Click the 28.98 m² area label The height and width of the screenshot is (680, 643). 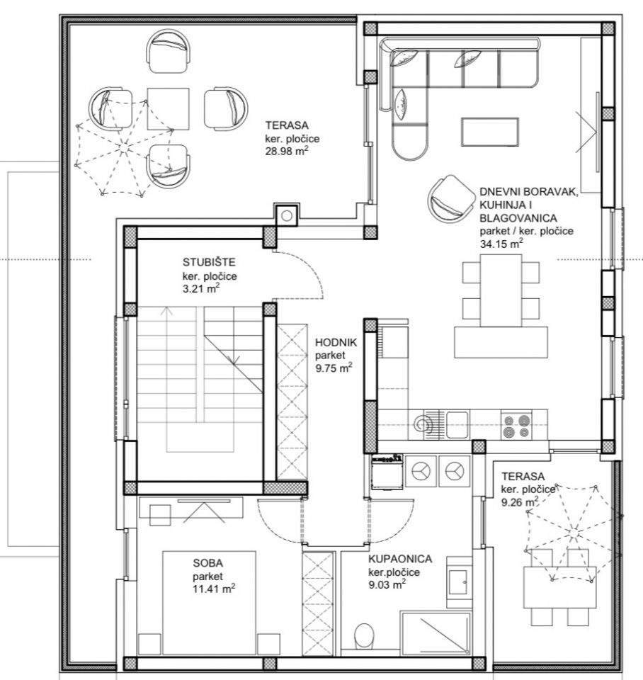pos(287,152)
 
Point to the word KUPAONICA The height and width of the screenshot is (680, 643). pos(400,559)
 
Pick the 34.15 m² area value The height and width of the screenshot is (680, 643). pos(501,243)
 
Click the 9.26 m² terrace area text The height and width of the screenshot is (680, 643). pos(520,502)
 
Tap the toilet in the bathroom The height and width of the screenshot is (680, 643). pos(364,636)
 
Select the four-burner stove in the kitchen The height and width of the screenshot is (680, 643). pos(516,426)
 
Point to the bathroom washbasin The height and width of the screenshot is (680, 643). pos(458,582)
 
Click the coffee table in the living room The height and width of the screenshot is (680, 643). pos(489,132)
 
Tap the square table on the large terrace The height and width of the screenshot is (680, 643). pos(169,109)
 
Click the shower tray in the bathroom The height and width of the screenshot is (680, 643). pos(435,633)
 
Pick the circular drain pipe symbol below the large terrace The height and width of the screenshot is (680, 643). pos(287,215)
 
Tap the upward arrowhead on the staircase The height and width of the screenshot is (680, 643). pos(166,311)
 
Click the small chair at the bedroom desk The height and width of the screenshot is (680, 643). pos(160,515)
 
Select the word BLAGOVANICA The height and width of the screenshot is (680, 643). pos(512,218)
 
